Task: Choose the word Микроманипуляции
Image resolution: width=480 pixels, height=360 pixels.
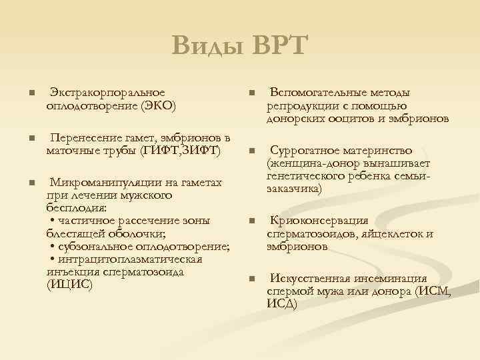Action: click(x=101, y=183)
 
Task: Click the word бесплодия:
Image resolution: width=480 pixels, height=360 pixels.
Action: click(x=72, y=208)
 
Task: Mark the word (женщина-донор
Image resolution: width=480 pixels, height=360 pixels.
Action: click(x=307, y=163)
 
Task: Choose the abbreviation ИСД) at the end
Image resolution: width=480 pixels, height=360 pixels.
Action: click(x=282, y=304)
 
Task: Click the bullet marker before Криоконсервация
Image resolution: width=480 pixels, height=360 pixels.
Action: click(x=251, y=221)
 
